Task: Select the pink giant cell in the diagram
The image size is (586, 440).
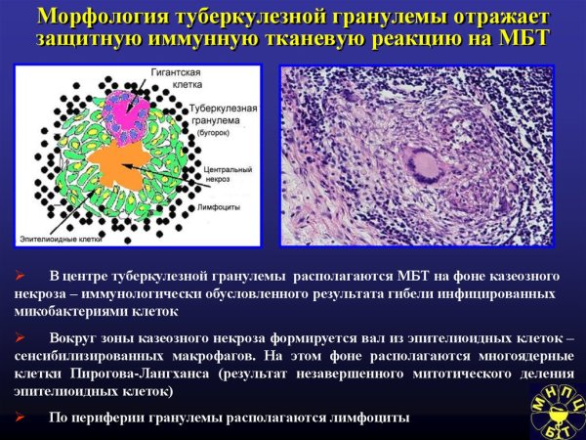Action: [126, 109]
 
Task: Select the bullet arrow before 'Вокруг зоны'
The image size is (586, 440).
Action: [20, 337]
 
